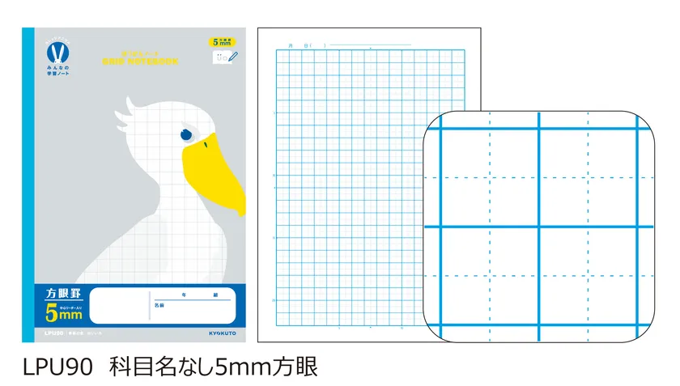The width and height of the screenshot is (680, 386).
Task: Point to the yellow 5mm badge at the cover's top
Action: (x=224, y=42)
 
